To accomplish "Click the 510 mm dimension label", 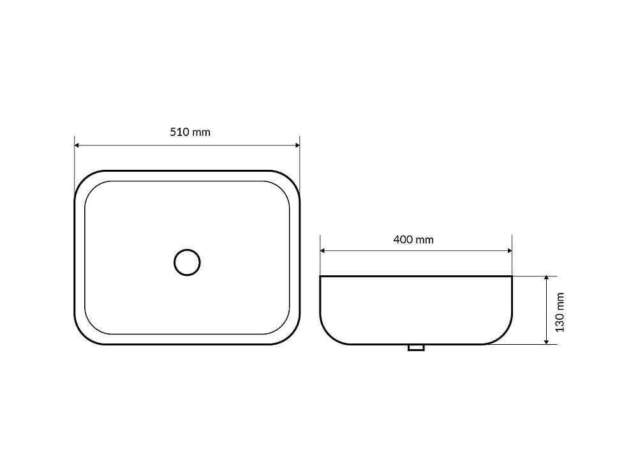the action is pyautogui.click(x=190, y=132).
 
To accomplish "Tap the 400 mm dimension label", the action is pyautogui.click(x=413, y=239).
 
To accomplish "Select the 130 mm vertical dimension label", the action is pyautogui.click(x=560, y=312).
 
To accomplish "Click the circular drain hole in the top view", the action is pyautogui.click(x=187, y=262).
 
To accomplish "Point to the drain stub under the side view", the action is pyautogui.click(x=416, y=347).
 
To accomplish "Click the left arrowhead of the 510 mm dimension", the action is pyautogui.click(x=77, y=145).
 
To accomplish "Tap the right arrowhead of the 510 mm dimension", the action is pyautogui.click(x=297, y=145).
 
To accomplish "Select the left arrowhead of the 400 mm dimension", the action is pyautogui.click(x=323, y=251).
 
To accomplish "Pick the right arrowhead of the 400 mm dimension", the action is pyautogui.click(x=509, y=251).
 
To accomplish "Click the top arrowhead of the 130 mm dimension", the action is pyautogui.click(x=547, y=278).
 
